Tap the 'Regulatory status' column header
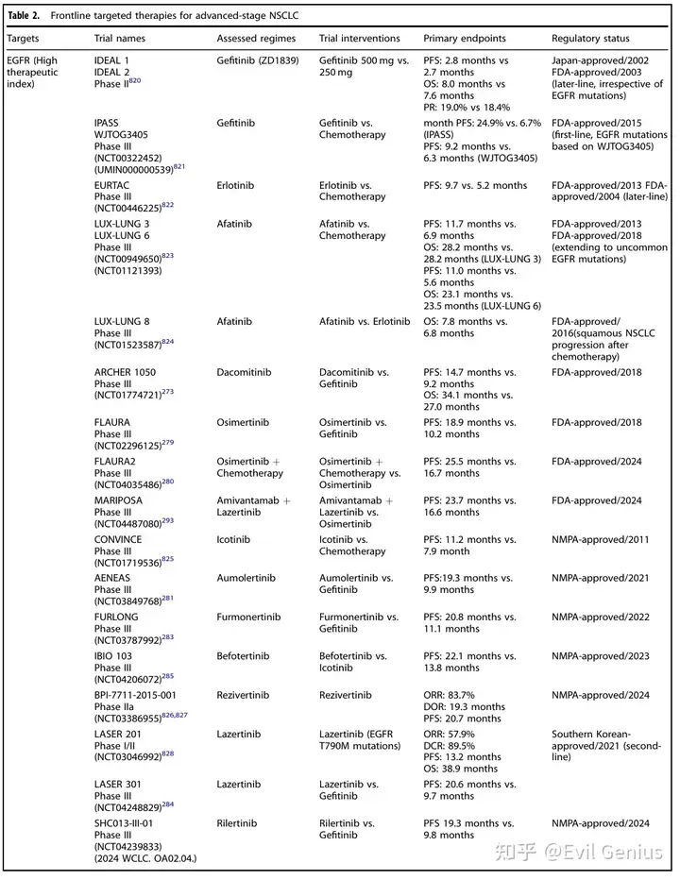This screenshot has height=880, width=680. (x=590, y=39)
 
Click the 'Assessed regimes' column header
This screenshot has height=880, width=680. (x=256, y=39)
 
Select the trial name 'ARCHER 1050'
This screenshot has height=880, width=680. (x=127, y=373)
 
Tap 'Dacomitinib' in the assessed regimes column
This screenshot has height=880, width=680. (x=244, y=373)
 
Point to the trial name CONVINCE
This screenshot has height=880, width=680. (x=120, y=539)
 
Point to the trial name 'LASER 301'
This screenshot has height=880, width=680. (x=119, y=784)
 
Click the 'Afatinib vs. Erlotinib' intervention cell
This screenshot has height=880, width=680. (x=365, y=321)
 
